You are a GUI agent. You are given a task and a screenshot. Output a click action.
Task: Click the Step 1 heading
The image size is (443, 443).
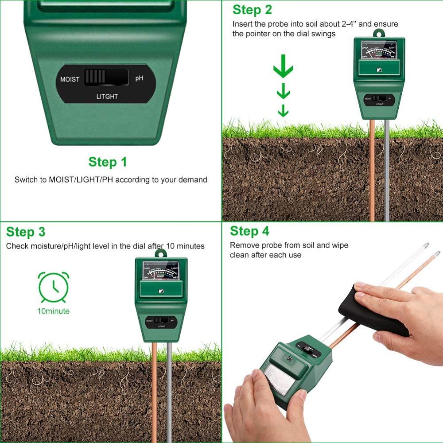tap(108, 162)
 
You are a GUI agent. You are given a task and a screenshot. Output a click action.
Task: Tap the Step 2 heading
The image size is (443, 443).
tap(252, 10)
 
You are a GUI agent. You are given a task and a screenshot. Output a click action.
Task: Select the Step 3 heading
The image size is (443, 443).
tap(26, 232)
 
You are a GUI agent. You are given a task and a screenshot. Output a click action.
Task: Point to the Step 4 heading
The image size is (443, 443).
tap(249, 231)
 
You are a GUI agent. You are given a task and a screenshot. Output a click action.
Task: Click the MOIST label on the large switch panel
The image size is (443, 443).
tap(70, 80)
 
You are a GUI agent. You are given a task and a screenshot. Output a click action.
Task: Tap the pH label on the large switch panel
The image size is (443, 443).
tap(139, 78)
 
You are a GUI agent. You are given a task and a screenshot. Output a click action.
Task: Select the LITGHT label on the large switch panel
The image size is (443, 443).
tap(107, 96)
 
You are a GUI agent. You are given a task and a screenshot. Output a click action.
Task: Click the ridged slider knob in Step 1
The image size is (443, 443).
tap(95, 77)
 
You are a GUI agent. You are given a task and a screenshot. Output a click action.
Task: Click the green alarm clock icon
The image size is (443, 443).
tap(54, 288)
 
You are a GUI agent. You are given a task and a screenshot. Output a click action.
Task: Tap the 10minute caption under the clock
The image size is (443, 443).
tap(53, 311)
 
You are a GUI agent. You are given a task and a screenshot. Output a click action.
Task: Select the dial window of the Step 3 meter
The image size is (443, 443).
tap(161, 271)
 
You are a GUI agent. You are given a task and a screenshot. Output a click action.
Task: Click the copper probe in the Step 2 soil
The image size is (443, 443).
tap(372, 177)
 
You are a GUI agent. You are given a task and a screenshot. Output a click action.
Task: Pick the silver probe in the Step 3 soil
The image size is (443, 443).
tap(169, 390)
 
